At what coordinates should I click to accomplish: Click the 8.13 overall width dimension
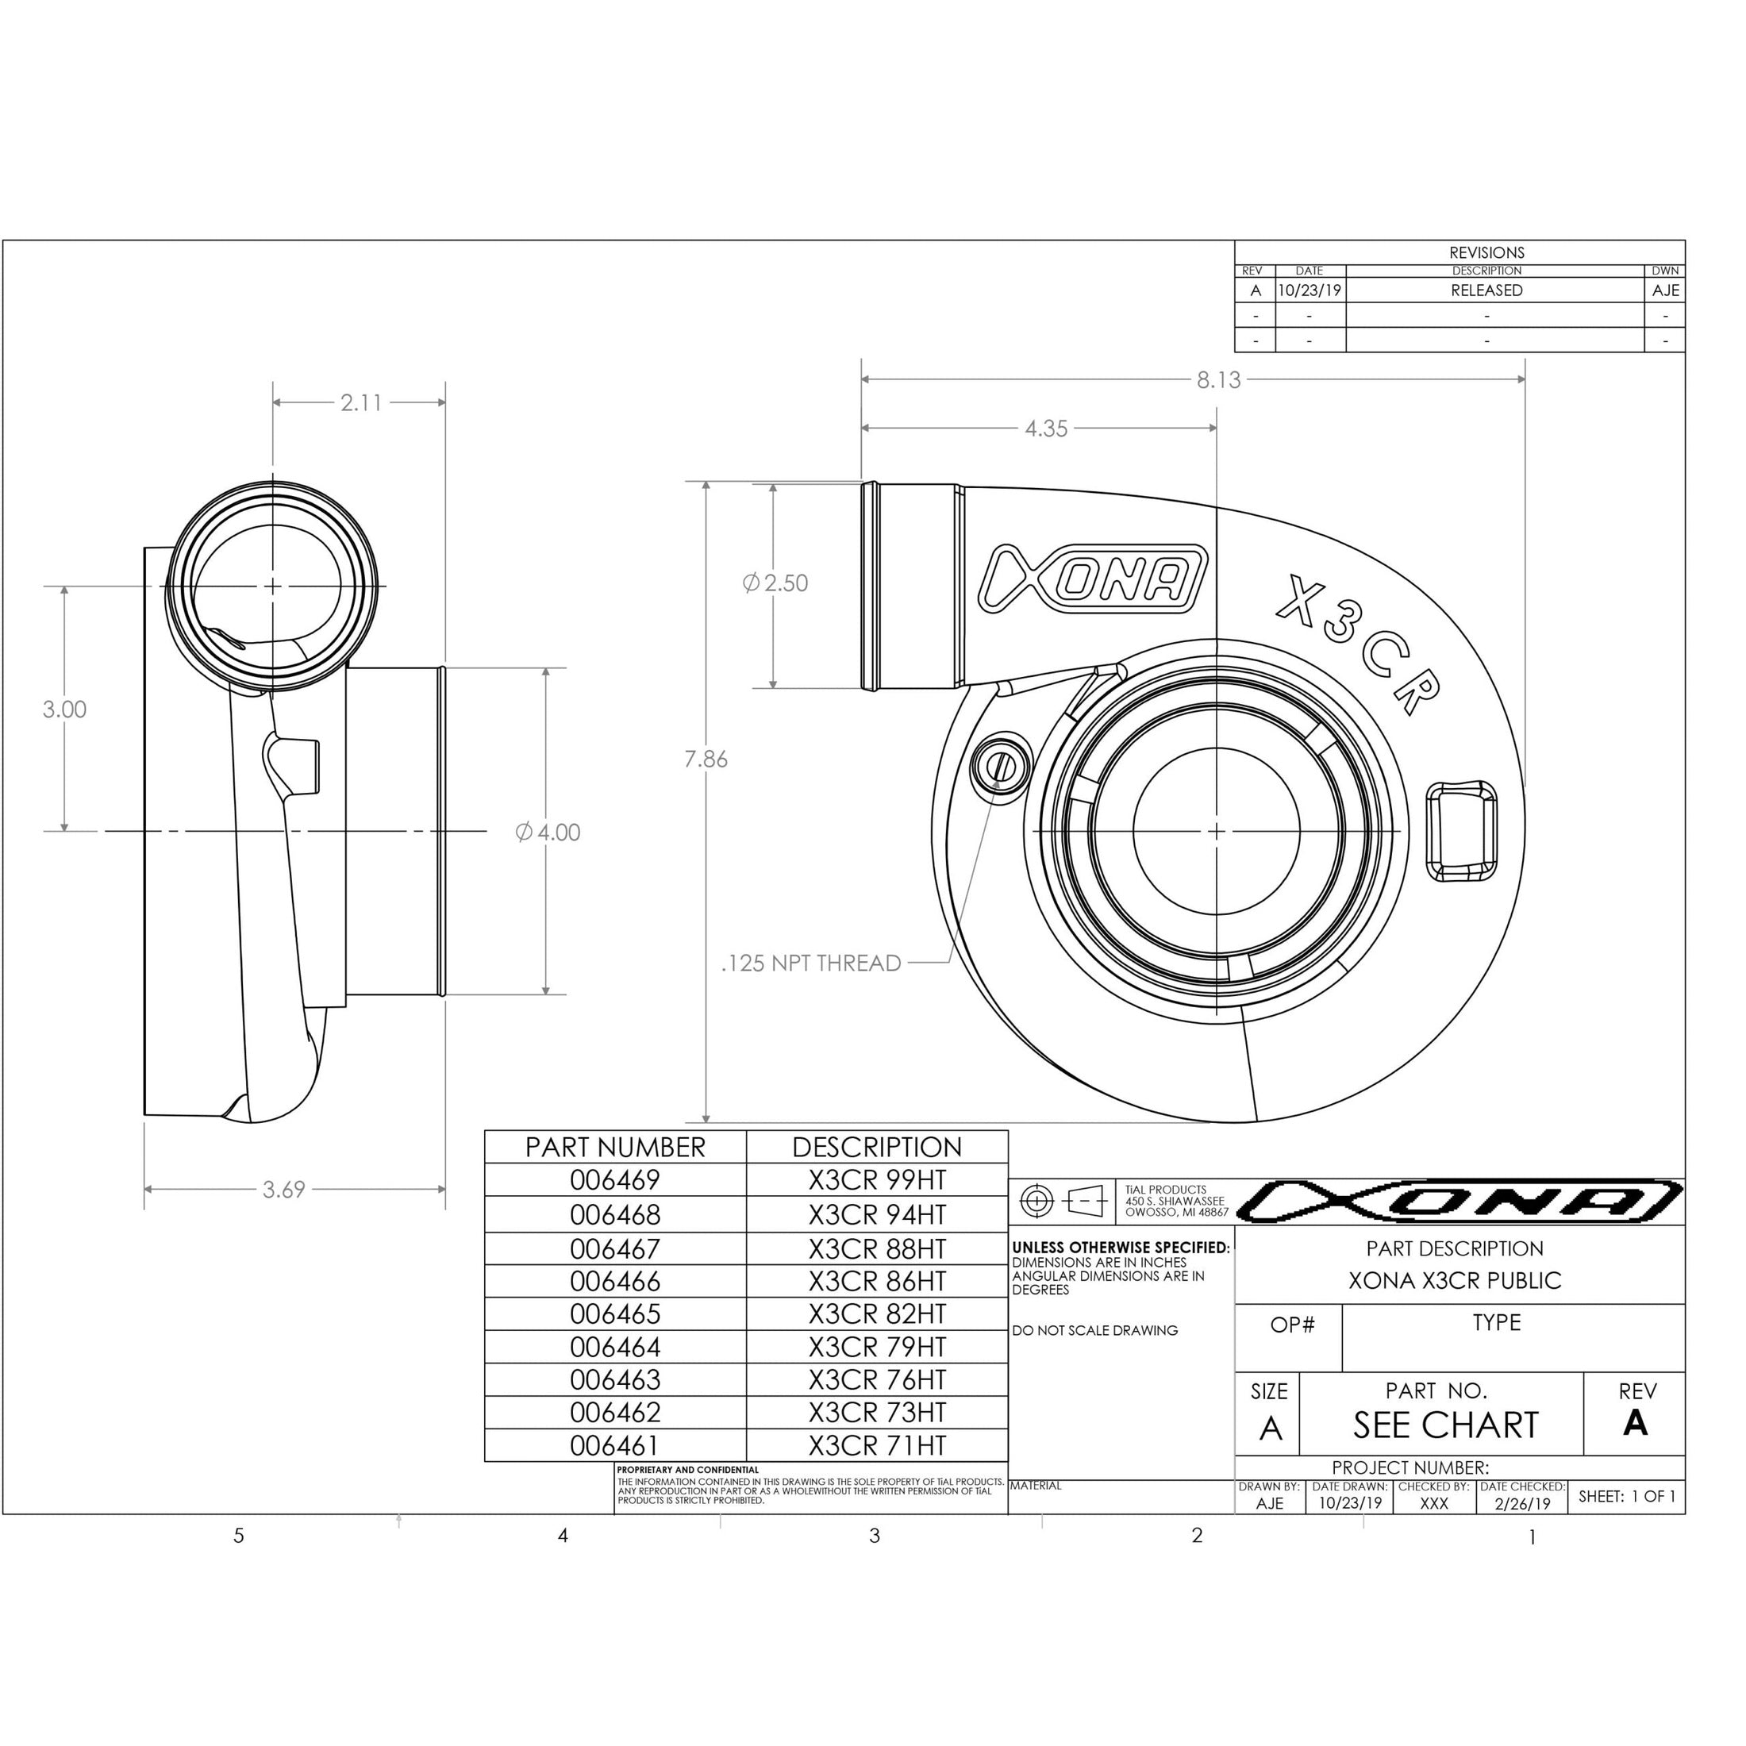click(x=1218, y=380)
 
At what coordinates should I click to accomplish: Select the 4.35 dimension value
click(x=1045, y=429)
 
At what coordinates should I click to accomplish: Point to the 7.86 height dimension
click(x=705, y=760)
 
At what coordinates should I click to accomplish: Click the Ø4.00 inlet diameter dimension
click(x=548, y=833)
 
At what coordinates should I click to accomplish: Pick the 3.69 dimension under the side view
click(x=284, y=1190)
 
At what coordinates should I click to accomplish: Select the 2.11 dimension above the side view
click(x=360, y=403)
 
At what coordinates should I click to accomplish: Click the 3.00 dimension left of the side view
click(x=64, y=710)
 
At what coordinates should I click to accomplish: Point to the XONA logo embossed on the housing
click(x=1094, y=579)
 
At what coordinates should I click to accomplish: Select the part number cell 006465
click(x=614, y=1314)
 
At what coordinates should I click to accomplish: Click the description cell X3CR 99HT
click(x=877, y=1180)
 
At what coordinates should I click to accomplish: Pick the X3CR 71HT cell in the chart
click(x=877, y=1446)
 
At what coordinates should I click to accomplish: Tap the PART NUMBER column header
click(x=614, y=1148)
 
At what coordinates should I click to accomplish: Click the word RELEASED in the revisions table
click(x=1486, y=291)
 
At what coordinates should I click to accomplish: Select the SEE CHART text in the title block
click(x=1445, y=1426)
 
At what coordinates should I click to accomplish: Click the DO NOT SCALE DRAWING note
click(x=1094, y=1330)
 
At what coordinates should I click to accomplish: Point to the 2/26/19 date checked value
click(x=1522, y=1504)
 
